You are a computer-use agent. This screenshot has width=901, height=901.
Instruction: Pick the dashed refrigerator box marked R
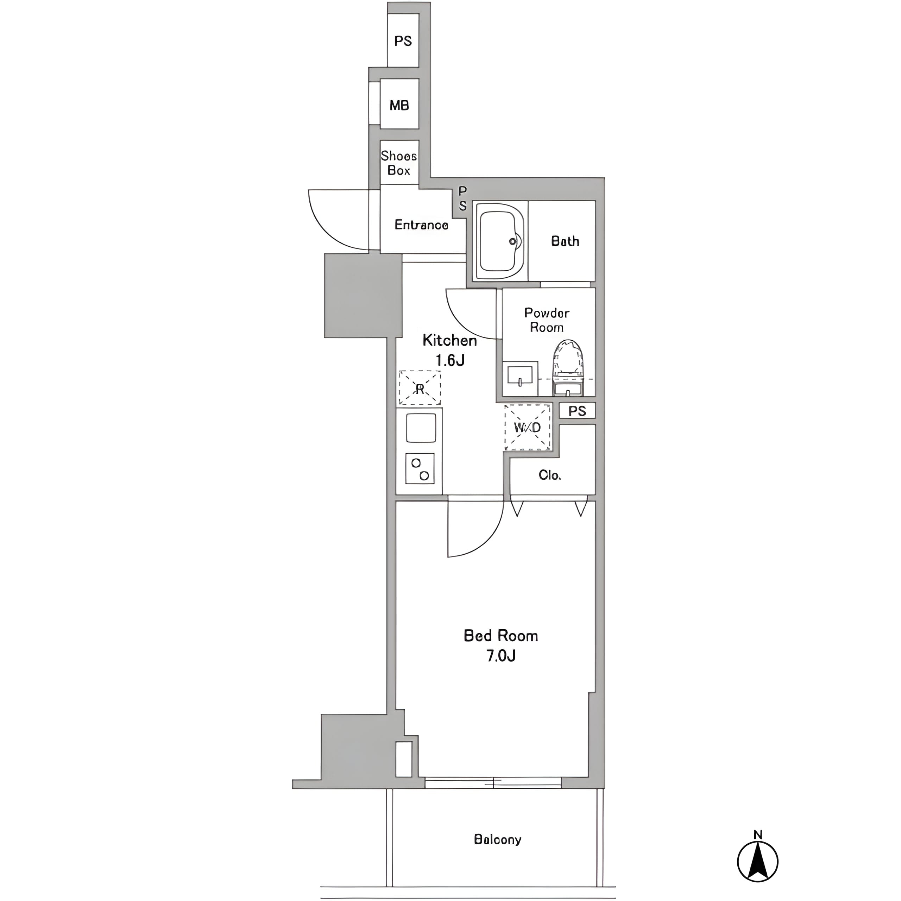[x=420, y=388]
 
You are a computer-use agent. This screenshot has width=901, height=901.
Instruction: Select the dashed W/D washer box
[x=528, y=427]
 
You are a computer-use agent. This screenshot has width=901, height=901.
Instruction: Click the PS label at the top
[x=403, y=41]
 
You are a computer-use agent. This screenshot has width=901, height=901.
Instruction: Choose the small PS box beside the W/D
[x=577, y=411]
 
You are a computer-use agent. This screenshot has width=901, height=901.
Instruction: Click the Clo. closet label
[x=550, y=475]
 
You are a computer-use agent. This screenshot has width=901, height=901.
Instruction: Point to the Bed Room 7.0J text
[x=501, y=645]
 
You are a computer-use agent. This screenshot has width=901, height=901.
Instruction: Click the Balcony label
[x=498, y=839]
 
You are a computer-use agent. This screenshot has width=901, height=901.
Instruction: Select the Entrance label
[x=422, y=225]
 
